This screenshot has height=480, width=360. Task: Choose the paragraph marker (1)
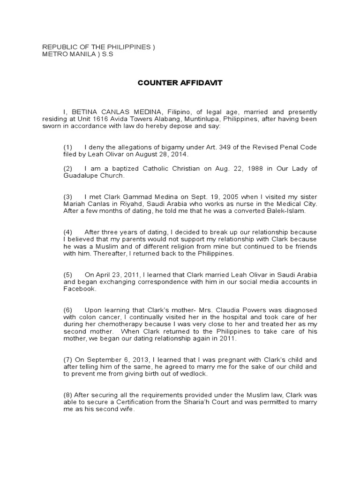click(x=68, y=147)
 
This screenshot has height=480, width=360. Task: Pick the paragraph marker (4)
click(x=68, y=232)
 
